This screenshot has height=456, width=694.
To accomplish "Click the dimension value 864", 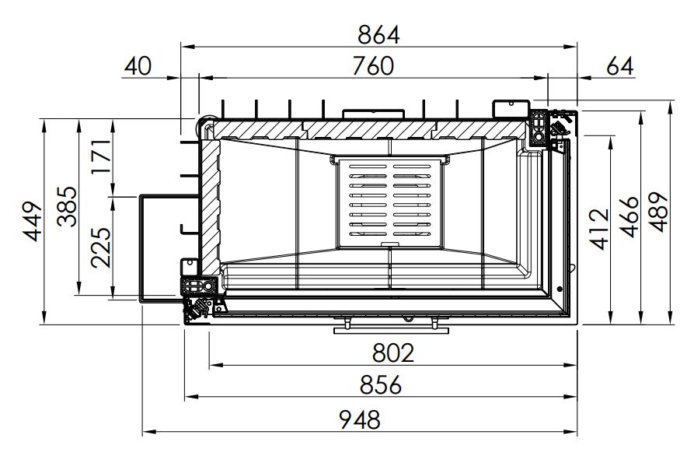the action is [x=378, y=34].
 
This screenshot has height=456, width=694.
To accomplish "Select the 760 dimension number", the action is [x=373, y=66].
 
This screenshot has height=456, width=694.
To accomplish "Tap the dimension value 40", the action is [x=138, y=66].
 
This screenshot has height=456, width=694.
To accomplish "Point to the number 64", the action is [x=619, y=66].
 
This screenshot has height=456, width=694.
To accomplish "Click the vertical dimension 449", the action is [x=33, y=222].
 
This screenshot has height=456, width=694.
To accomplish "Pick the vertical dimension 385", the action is [x=68, y=206].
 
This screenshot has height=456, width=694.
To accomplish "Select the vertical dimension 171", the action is [x=101, y=157].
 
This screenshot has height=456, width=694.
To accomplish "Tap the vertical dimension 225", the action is [x=101, y=247].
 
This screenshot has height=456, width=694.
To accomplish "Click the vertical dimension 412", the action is [x=599, y=230].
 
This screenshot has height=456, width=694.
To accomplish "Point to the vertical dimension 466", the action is [x=629, y=216].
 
